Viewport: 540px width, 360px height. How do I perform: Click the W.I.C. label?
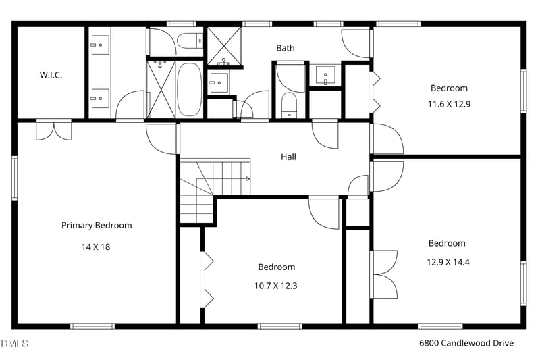pos(51,75)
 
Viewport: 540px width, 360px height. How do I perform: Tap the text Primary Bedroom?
pos(97,225)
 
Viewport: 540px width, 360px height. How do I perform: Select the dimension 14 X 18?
pos(96,247)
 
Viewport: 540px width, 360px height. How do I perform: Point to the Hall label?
pos(288,157)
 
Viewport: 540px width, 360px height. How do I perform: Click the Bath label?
pos(285,48)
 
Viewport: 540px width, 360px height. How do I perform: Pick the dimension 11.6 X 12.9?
pos(448,104)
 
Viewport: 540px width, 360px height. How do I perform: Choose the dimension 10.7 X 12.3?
pos(275,286)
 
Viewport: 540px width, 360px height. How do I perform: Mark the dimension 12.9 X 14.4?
pos(447,261)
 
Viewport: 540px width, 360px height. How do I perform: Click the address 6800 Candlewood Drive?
pos(466,343)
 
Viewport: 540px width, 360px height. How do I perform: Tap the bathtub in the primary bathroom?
pos(189,90)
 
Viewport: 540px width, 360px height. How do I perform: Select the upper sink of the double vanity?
pos(99,46)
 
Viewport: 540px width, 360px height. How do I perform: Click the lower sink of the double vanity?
pos(99,98)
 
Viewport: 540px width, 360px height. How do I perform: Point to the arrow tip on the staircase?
pos(248,179)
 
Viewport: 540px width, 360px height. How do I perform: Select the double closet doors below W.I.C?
pos(54,130)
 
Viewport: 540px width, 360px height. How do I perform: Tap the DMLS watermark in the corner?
pos(15,344)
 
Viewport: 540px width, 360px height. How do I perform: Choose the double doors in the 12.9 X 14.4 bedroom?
pos(384,273)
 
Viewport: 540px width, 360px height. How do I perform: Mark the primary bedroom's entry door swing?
pos(161,138)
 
